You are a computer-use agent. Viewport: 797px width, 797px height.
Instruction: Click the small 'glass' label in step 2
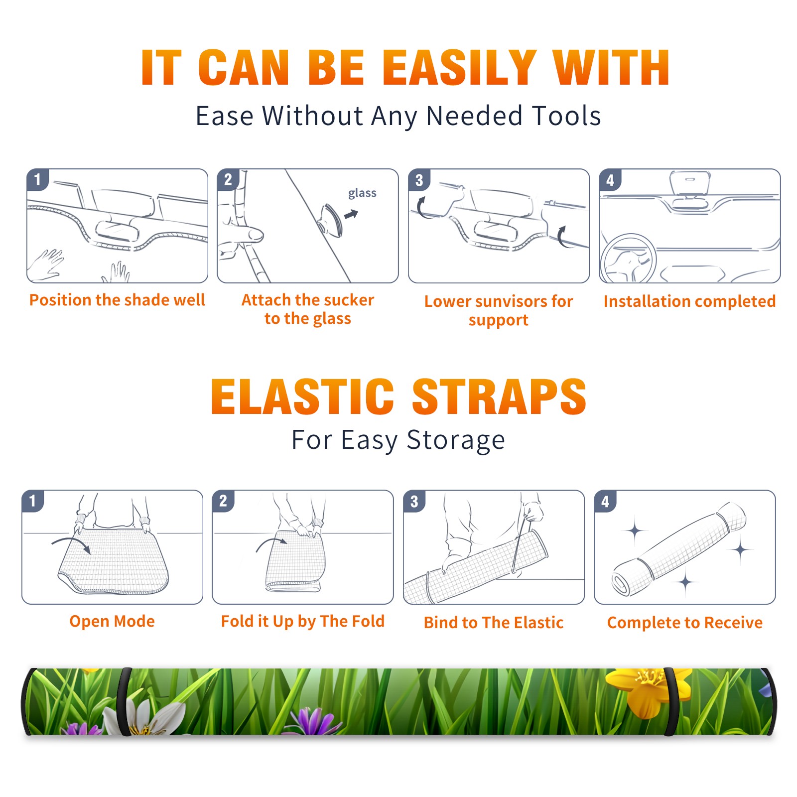pyautogui.click(x=362, y=193)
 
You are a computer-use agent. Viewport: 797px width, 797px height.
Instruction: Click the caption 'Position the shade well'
pyautogui.click(x=117, y=300)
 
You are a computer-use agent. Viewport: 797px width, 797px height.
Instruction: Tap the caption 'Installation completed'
pyautogui.click(x=689, y=301)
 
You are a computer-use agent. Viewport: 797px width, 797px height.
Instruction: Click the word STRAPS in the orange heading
pyautogui.click(x=499, y=397)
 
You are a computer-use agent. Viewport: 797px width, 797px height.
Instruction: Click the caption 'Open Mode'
pyautogui.click(x=112, y=621)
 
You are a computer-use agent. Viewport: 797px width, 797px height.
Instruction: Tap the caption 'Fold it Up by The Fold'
pyautogui.click(x=303, y=622)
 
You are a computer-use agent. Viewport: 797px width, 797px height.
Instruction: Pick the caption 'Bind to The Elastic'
pyautogui.click(x=494, y=623)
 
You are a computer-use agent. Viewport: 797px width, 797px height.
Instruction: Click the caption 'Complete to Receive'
pyautogui.click(x=685, y=623)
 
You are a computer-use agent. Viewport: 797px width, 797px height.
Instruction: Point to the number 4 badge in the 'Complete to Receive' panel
pyautogui.click(x=605, y=502)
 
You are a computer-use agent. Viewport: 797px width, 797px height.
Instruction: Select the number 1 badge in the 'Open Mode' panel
pyautogui.click(x=33, y=501)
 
